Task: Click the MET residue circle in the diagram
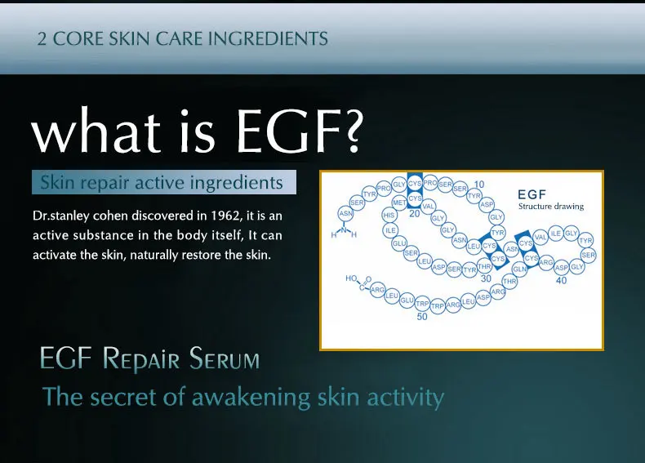399,202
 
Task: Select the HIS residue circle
389,216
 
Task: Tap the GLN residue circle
519,269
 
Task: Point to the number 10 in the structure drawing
479,185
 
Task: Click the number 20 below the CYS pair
414,214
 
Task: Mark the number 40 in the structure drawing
561,280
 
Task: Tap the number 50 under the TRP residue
422,316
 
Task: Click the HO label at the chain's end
352,278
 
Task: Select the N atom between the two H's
344,228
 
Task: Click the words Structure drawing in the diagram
551,207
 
